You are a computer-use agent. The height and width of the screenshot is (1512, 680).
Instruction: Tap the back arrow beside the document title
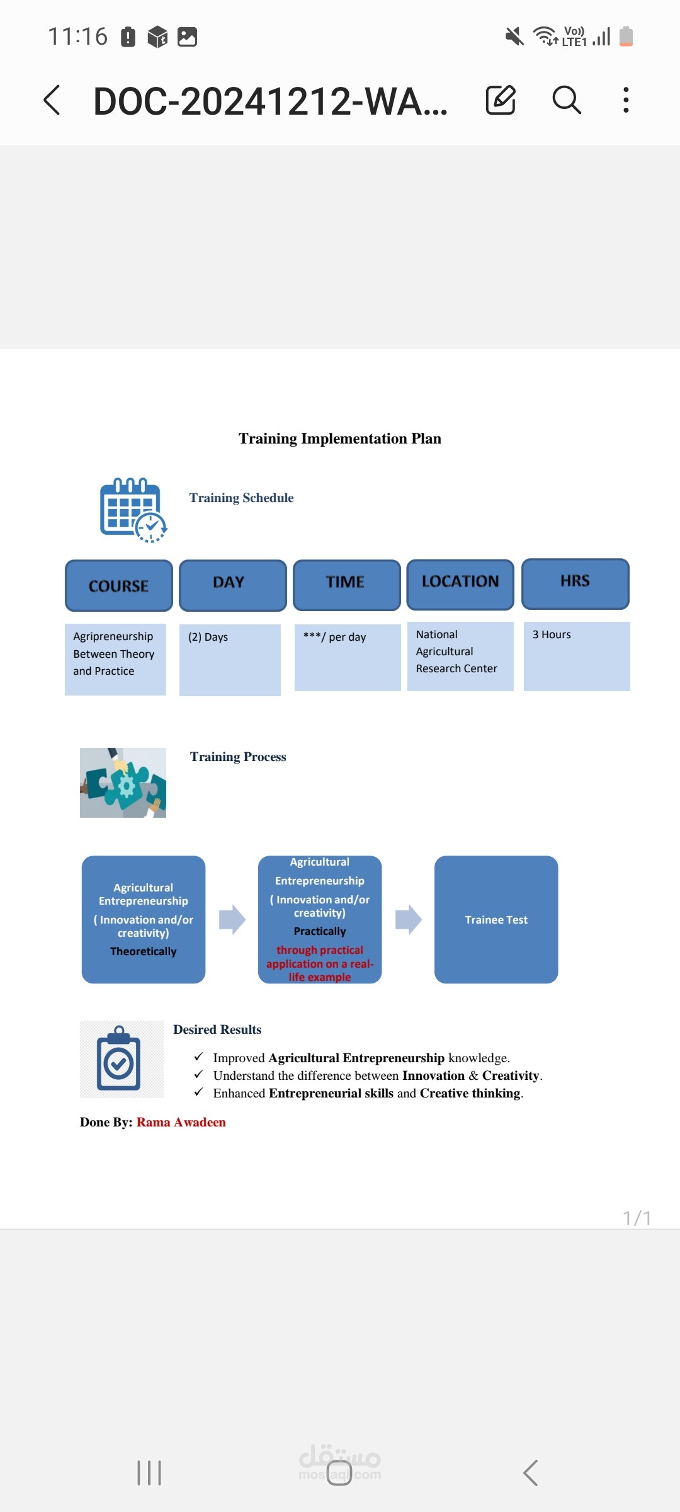tap(52, 100)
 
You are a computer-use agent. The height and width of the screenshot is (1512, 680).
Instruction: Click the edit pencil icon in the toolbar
tap(501, 100)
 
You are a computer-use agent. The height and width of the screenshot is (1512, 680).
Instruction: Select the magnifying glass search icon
tap(567, 100)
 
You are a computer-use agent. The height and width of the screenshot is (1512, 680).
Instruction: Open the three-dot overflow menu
tap(626, 100)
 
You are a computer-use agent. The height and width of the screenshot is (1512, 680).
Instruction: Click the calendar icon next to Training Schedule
tap(133, 510)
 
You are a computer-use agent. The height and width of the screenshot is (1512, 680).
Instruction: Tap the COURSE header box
tap(119, 585)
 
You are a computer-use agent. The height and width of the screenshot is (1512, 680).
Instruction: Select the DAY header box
tap(233, 585)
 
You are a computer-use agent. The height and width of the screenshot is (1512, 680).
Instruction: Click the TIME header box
tap(347, 585)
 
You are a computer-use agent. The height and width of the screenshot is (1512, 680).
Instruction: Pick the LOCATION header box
tap(460, 584)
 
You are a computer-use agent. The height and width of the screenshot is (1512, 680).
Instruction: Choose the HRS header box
tap(575, 583)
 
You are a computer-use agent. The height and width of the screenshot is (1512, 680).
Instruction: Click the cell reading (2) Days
tap(230, 660)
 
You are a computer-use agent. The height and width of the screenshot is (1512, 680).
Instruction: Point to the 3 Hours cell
tap(577, 656)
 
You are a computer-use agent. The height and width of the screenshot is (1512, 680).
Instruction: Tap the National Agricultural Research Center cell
tap(460, 656)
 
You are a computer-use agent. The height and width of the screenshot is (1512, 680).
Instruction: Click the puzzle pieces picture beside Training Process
tap(123, 782)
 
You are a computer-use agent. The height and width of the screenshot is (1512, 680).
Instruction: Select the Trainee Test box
tap(496, 919)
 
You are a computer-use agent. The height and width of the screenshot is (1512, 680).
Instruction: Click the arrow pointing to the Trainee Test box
tap(409, 919)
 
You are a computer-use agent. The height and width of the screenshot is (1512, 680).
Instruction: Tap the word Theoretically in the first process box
tap(144, 951)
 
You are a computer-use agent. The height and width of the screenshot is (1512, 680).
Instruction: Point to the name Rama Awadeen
tap(181, 1122)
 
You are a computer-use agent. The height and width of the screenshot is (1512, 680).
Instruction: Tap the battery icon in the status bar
tap(626, 36)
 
